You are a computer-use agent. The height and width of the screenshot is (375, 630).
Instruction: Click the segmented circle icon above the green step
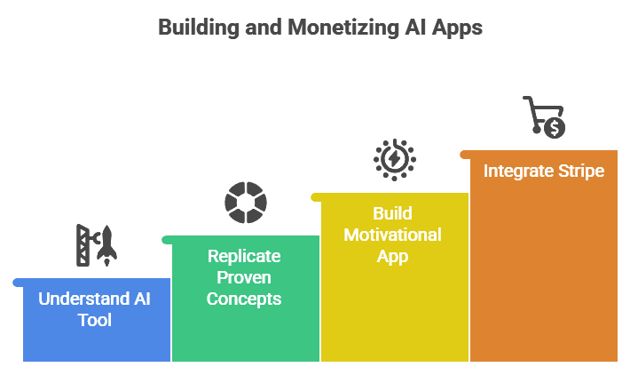[245, 202]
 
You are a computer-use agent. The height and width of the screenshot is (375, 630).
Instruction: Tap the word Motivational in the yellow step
[393, 235]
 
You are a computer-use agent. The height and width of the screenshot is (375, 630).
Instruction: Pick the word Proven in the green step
[244, 278]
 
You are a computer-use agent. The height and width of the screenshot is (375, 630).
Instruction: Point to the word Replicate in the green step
[244, 257]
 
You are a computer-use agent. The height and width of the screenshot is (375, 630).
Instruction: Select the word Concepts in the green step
[244, 299]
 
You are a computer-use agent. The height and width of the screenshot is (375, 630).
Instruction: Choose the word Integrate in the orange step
[515, 171]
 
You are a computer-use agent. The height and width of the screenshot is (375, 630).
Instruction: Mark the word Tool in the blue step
[95, 320]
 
